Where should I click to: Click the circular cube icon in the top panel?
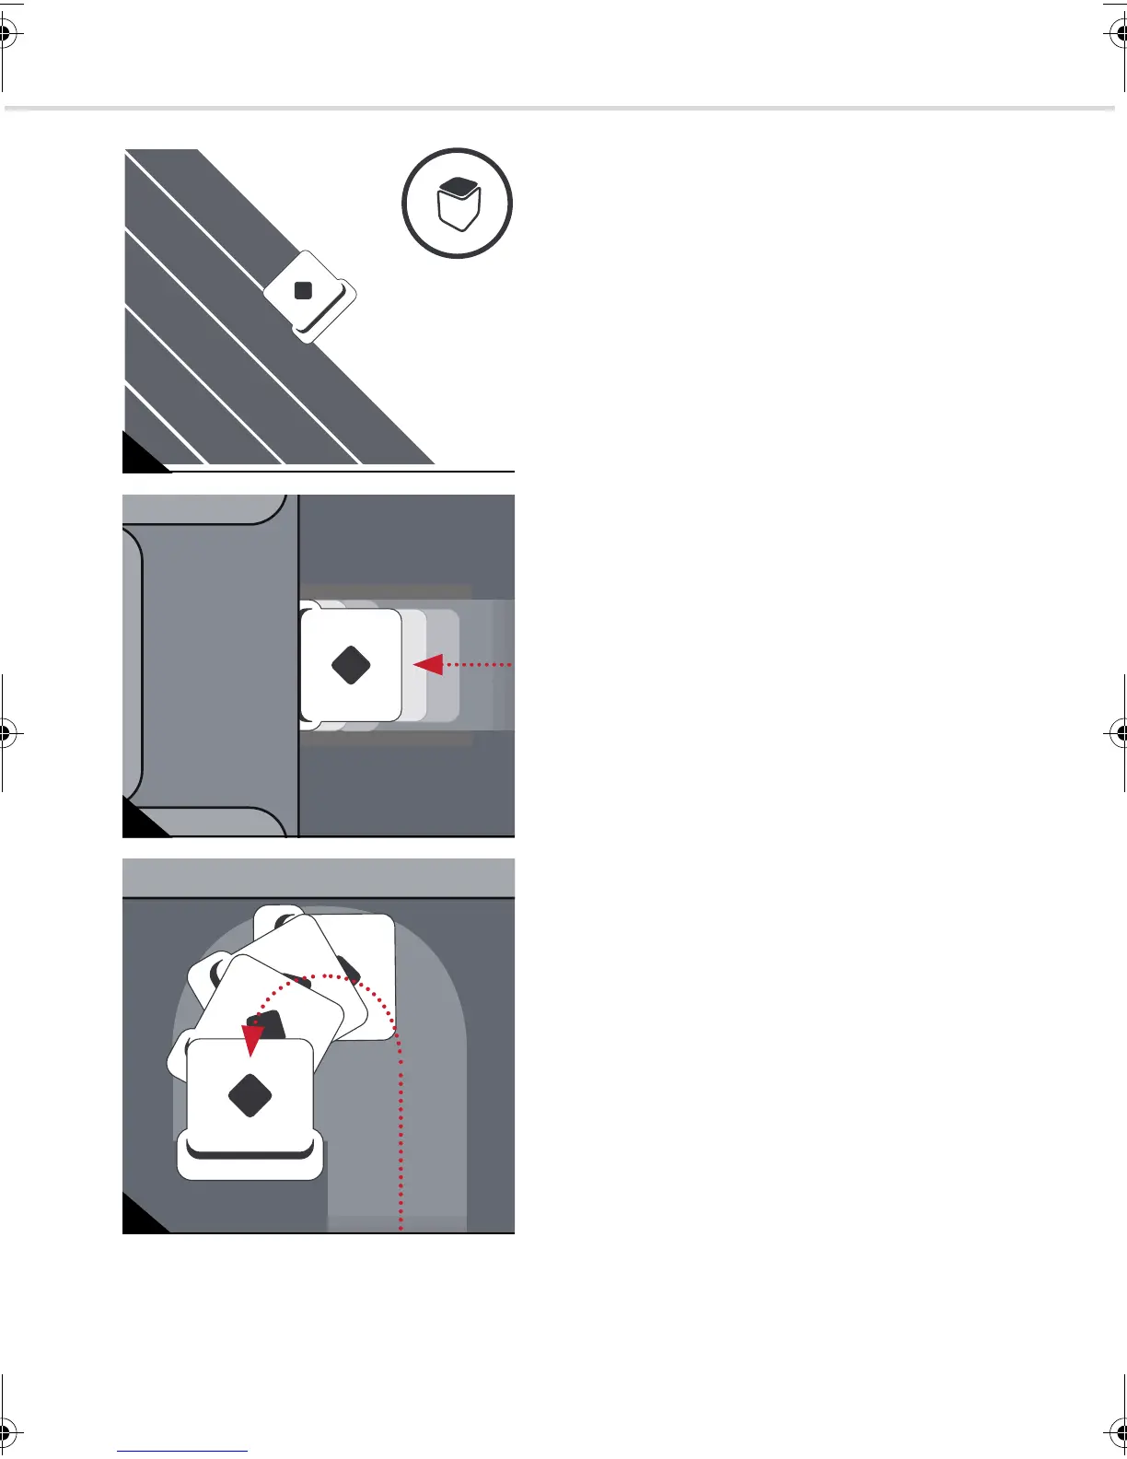(x=457, y=203)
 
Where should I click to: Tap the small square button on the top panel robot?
(x=303, y=291)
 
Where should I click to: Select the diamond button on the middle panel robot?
(x=351, y=665)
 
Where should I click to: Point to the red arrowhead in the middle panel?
(x=428, y=664)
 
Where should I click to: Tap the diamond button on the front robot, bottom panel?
(x=250, y=1094)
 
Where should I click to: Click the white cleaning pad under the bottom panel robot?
(x=250, y=1162)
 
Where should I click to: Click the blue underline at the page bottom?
(x=182, y=1451)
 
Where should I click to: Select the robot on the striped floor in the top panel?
(x=309, y=297)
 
